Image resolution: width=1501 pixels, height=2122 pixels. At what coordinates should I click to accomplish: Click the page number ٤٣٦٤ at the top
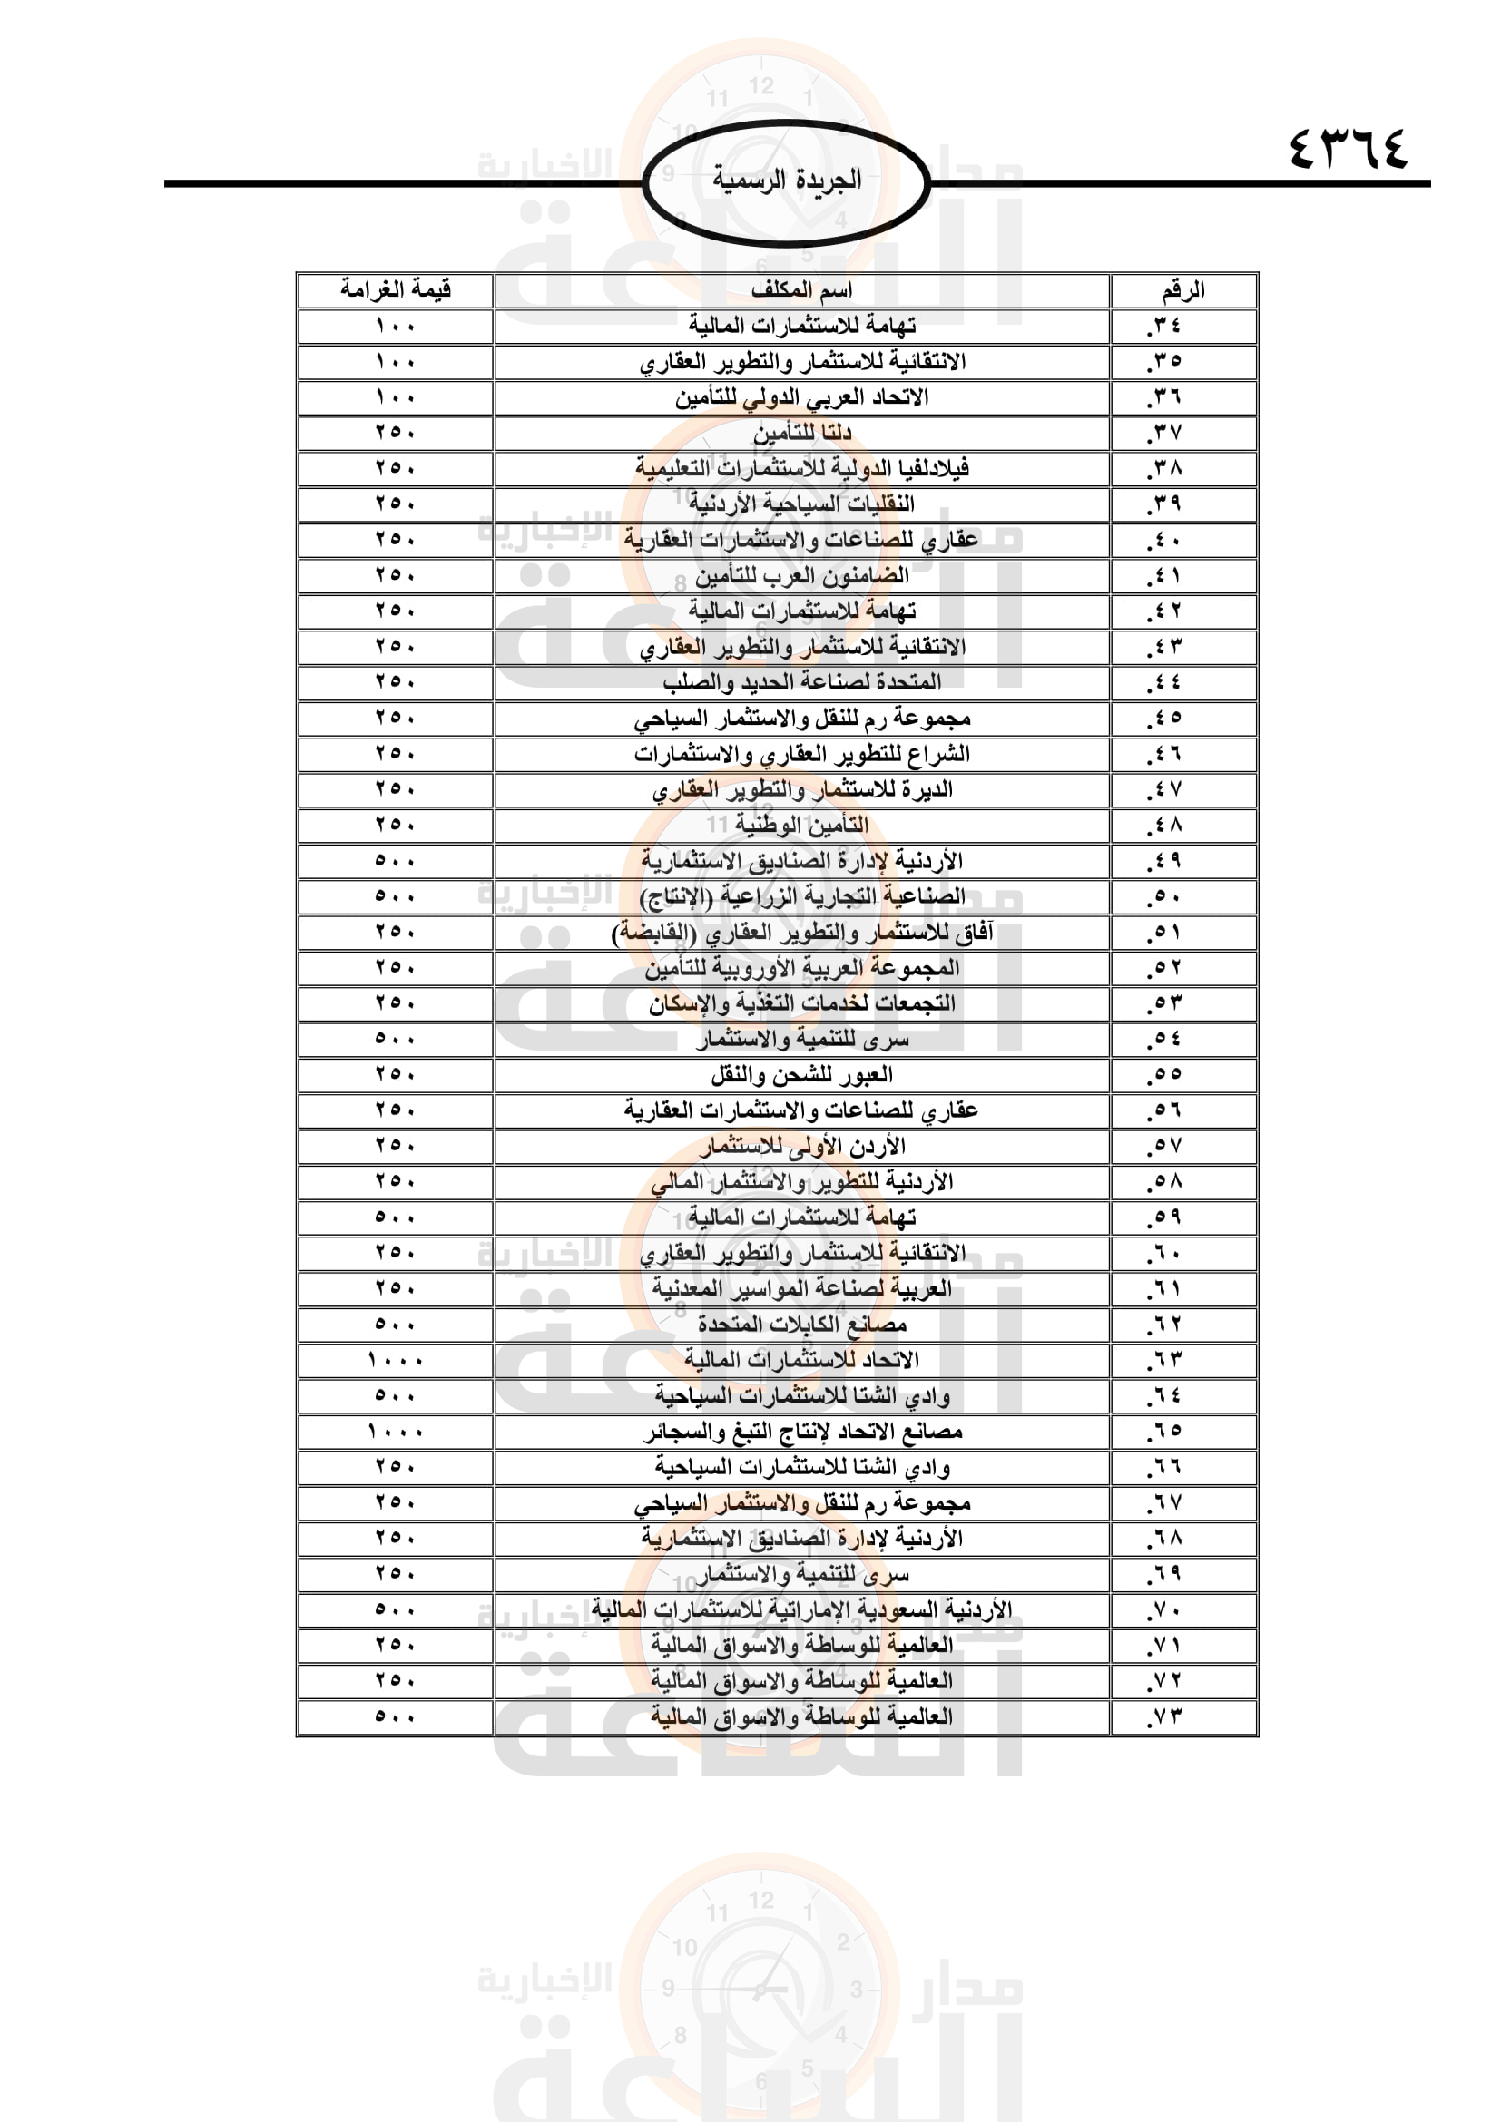tap(1348, 148)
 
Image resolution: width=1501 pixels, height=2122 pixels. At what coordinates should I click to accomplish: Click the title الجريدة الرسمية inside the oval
tap(787, 180)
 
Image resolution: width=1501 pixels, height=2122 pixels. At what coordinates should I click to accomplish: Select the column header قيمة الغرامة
tap(395, 290)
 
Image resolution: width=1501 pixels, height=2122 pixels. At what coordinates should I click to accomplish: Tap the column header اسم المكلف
tap(801, 290)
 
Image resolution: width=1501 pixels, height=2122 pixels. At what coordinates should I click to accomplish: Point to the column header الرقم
tap(1183, 290)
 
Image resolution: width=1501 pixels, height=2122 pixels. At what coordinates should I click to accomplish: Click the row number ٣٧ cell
tap(1164, 433)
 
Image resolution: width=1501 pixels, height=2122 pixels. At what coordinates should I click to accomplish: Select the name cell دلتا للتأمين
tap(801, 433)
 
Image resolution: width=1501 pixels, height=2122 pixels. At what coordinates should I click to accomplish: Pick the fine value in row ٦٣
tap(395, 1361)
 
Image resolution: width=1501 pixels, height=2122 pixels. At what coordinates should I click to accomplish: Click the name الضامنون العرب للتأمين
tap(801, 576)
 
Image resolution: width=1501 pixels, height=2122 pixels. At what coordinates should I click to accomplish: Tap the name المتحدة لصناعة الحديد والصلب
tap(801, 683)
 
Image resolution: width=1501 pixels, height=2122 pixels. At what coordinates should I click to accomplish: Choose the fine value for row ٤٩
tap(395, 861)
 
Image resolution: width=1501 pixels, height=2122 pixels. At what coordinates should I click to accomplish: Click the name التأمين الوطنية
tap(801, 826)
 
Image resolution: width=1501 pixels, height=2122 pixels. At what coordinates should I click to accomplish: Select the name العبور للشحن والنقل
tap(801, 1075)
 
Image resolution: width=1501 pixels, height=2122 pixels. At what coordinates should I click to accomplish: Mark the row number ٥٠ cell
tap(1164, 896)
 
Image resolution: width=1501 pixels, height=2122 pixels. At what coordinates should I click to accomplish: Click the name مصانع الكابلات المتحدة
tap(801, 1325)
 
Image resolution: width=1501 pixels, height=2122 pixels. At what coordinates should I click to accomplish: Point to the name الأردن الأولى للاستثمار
tap(801, 1147)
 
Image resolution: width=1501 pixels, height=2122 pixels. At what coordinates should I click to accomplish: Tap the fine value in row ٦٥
tap(395, 1432)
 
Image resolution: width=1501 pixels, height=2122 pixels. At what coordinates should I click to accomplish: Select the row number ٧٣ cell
tap(1164, 1717)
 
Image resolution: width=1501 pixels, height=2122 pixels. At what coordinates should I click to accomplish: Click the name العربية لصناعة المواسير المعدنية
tap(801, 1289)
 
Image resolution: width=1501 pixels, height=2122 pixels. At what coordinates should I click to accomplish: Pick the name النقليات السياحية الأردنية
tap(801, 504)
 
